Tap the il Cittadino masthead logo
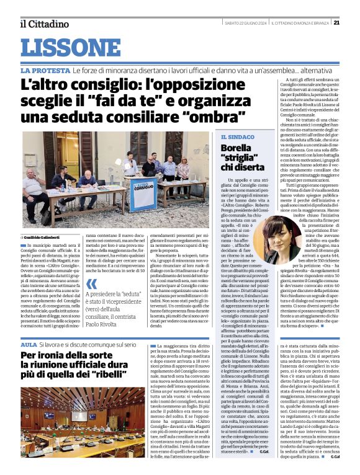coord(43,24)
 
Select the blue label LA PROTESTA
coord(45,71)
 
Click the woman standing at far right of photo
coord(183,169)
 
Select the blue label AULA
coord(29,344)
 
